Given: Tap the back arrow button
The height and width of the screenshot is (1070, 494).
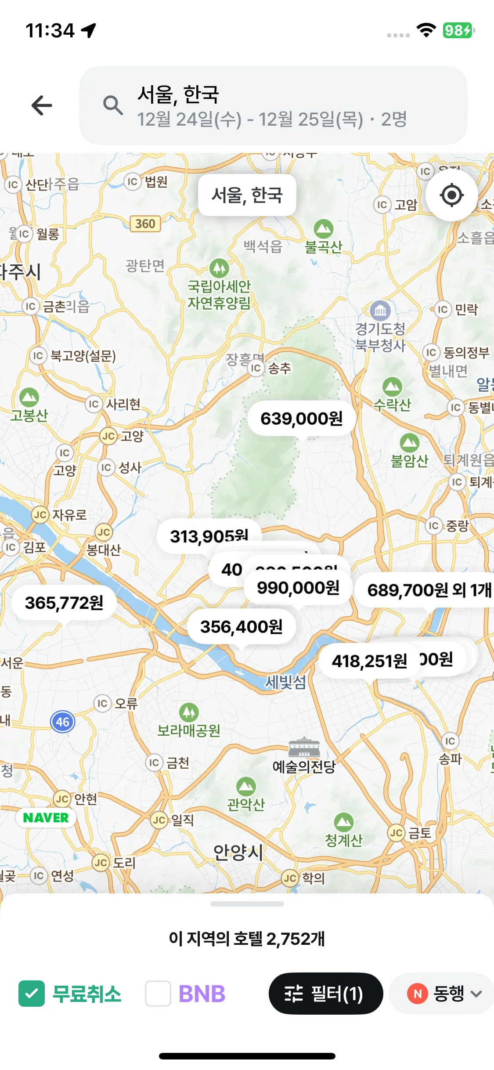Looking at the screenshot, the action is (42, 105).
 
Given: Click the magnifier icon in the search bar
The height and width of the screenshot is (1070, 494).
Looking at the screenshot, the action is (112, 105).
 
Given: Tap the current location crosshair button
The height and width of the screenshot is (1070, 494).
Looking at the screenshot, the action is (451, 195).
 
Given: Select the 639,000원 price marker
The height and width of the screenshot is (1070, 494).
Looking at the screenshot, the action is (302, 419).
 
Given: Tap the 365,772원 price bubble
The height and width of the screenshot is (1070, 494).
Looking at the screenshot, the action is (64, 603).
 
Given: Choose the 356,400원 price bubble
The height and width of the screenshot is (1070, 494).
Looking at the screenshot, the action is (241, 627).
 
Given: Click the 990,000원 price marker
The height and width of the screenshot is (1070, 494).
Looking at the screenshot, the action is (298, 588).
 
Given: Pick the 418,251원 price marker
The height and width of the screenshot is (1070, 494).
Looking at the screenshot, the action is (369, 661).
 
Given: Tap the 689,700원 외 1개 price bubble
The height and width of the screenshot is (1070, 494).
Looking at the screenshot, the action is (428, 590).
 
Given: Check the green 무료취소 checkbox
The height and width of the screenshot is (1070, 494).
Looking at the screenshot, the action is (32, 994).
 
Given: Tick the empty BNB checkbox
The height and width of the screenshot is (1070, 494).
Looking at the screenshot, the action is (158, 994).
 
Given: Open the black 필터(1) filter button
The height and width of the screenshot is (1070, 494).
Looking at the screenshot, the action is (325, 994).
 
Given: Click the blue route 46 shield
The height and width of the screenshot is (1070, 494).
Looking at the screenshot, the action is (63, 722).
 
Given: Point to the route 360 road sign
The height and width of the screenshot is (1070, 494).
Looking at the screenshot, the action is (145, 224).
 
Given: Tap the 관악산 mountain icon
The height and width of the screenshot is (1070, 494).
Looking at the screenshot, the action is (246, 787).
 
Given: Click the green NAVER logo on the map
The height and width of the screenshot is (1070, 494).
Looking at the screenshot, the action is (46, 818).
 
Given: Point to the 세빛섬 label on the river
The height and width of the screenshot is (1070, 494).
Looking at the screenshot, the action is (285, 682).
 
